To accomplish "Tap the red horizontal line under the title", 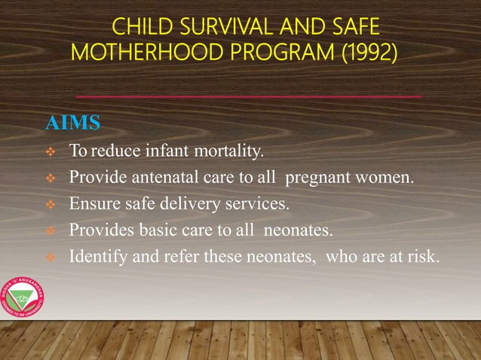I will pos(249,97).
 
